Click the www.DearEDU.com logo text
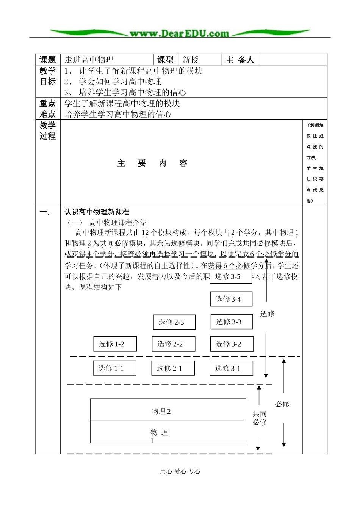pos(179,33)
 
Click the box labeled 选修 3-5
pos(230,276)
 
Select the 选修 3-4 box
pos(231,299)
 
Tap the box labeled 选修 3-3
pos(232,322)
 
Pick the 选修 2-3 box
pos(174,322)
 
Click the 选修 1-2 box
pos(115,344)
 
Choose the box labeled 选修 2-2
pos(173,344)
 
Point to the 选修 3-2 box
pos(232,344)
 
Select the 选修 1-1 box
pos(114,368)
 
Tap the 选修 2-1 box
pos(173,368)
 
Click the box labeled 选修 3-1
pos(231,368)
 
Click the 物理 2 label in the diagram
pos(161,412)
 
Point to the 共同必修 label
pos(260,418)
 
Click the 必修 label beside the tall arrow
pos(282,404)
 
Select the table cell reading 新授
pos(190,60)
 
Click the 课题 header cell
pos(48,60)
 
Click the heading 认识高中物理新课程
pos(97,212)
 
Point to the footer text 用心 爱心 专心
pos(180,471)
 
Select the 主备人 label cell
pos(240,60)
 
